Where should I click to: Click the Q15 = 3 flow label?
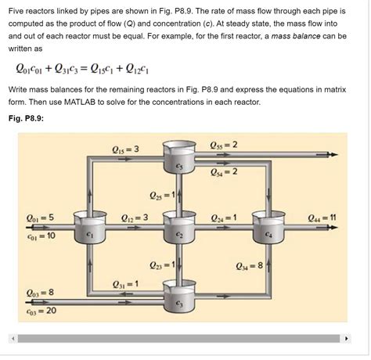(x=125, y=149)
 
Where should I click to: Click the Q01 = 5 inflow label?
(x=41, y=217)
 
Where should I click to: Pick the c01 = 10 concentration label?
(x=41, y=234)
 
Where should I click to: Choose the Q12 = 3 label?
(x=135, y=217)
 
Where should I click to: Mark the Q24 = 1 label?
(x=225, y=217)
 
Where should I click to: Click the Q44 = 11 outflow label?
(x=322, y=217)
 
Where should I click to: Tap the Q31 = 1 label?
(x=126, y=283)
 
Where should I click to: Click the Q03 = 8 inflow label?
(x=41, y=293)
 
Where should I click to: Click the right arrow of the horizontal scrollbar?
(x=348, y=339)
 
